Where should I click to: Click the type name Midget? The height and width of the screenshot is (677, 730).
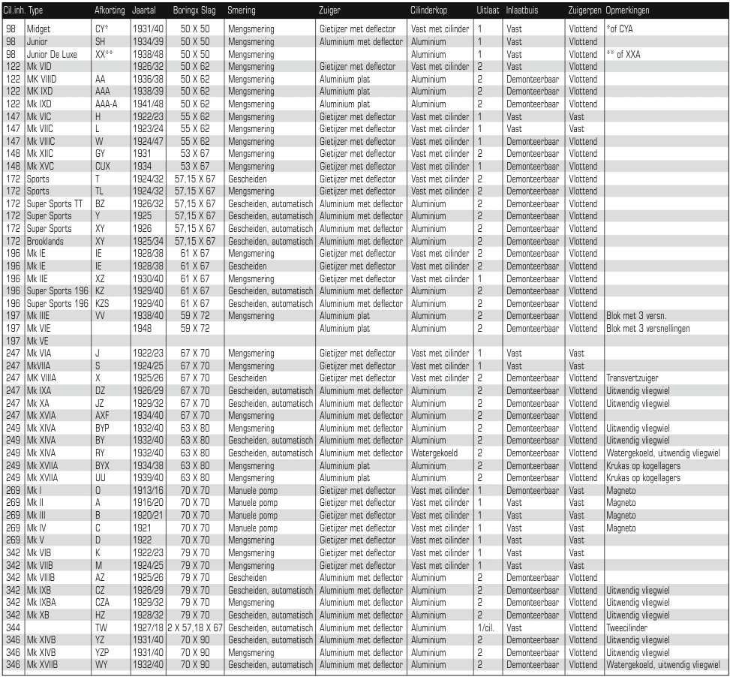(x=39, y=29)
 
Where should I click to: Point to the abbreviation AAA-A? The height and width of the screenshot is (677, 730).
(x=106, y=104)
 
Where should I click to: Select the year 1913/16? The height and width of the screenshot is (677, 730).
(x=146, y=490)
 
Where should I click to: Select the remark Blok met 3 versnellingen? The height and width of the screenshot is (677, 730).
(x=649, y=328)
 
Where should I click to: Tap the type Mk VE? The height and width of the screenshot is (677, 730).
(x=40, y=340)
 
